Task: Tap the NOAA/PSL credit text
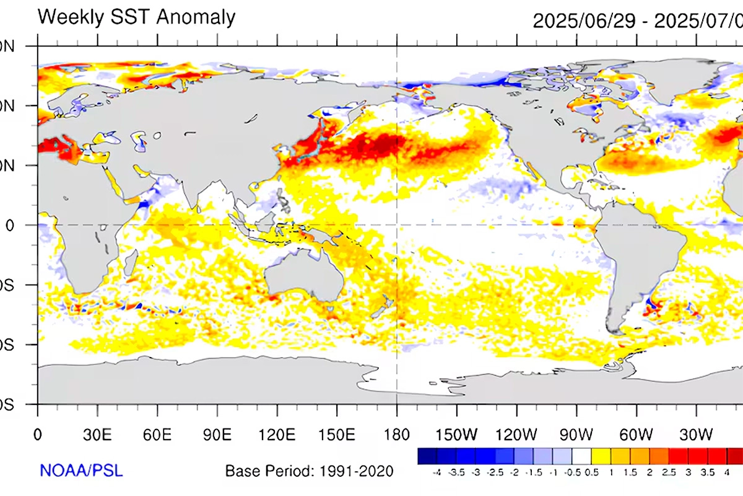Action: [81, 470]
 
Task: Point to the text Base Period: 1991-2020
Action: [309, 471]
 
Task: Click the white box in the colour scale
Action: [580, 456]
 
